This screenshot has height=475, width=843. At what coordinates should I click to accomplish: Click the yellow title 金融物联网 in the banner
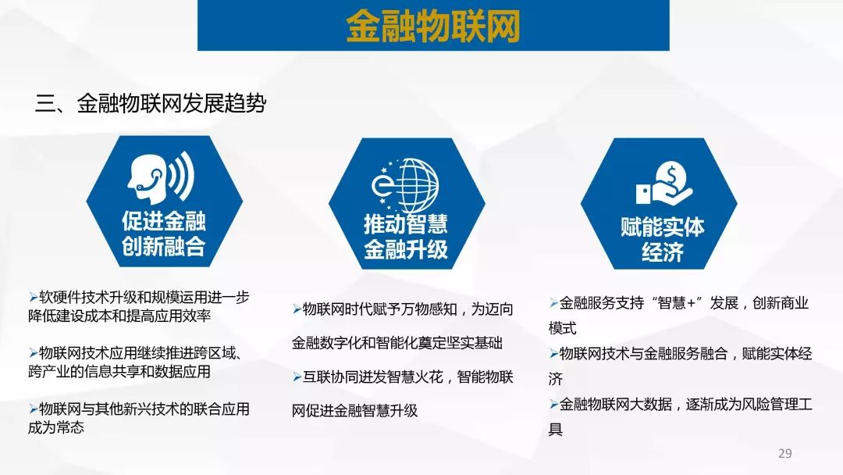pos(432,25)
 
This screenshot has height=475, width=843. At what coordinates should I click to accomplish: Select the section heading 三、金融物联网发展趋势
pos(151,103)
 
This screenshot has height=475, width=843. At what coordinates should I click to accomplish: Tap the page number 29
pos(785,453)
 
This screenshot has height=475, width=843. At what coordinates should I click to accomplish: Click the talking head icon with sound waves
pos(161,177)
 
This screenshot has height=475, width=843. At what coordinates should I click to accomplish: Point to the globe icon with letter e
pos(405,184)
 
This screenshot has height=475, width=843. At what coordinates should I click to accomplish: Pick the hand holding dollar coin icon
pos(664,184)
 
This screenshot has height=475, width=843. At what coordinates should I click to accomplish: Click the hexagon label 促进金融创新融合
pos(163,234)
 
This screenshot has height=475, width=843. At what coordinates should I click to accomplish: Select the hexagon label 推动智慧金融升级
pos(406,236)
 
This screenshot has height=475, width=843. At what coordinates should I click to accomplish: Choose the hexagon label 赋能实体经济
pos(663,239)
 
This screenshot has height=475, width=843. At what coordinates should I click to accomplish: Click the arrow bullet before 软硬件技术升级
pos(34,298)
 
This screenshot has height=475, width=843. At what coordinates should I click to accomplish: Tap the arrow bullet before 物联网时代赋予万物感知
pos(297,309)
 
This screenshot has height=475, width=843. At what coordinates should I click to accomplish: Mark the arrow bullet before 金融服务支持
pos(553,303)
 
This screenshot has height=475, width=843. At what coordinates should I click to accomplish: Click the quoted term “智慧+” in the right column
pos(677,303)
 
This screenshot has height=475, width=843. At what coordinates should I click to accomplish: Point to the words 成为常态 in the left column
pos(56,427)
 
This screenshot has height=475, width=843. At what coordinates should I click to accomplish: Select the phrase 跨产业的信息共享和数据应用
pos(119,372)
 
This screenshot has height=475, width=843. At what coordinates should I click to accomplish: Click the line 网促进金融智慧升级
pos(355,411)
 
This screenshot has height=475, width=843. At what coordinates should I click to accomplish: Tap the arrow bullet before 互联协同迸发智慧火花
pos(297,377)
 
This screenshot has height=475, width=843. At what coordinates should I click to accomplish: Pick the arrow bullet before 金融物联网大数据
pos(553,405)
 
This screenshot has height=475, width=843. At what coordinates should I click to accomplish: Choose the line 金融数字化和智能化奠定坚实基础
pos(397,343)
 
